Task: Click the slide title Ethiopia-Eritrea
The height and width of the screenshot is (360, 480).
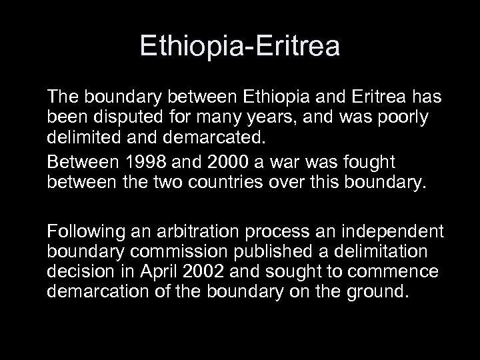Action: [240, 46]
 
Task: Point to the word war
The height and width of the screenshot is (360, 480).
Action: [289, 163]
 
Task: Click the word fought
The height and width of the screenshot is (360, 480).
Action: [367, 163]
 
